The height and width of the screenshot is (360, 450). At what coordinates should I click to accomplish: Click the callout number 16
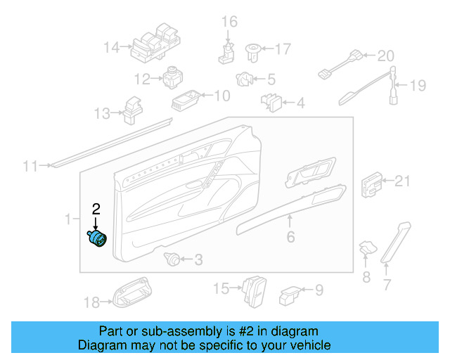230,22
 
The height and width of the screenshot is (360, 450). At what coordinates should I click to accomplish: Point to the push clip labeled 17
252,50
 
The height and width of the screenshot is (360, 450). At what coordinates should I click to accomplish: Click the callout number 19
418,86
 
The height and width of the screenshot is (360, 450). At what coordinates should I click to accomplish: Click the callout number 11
30,167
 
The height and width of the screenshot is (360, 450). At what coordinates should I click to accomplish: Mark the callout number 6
290,238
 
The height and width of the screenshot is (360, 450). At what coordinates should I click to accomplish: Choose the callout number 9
318,289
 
